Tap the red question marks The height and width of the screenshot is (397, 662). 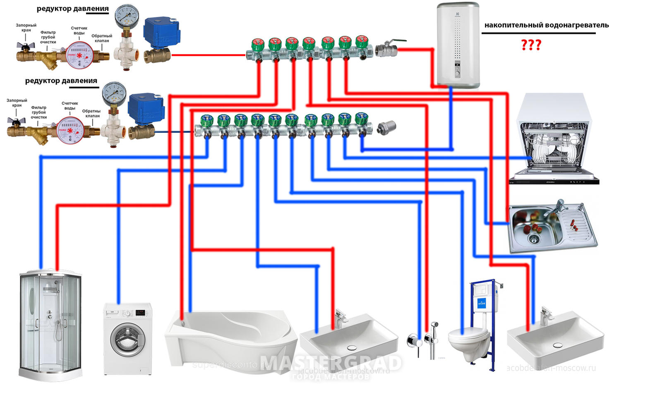click(531, 45)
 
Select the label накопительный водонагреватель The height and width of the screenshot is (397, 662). click(546, 25)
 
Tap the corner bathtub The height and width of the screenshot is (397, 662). click(232, 339)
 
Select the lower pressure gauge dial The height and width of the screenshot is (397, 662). click(113, 93)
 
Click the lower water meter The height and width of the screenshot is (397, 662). click(69, 130)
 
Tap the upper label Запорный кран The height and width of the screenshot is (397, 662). click(26, 28)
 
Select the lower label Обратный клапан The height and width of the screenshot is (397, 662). click(91, 114)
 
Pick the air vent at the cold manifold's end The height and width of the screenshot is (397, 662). click(387, 127)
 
